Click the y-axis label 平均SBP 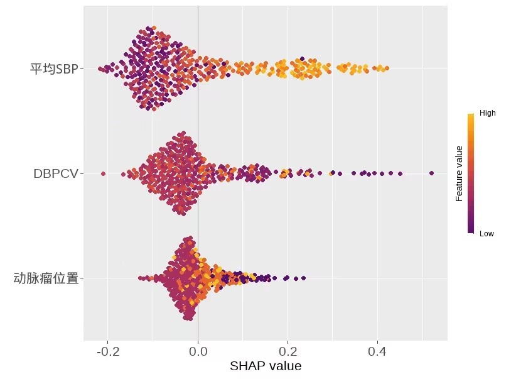(53, 69)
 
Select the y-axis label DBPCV (55, 174)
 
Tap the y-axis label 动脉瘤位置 (46, 278)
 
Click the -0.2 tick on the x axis (108, 351)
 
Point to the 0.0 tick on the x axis (198, 351)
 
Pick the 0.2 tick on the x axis (288, 351)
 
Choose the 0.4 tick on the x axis (377, 351)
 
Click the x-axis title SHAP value (266, 366)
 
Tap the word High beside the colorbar (488, 114)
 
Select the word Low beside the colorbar (487, 233)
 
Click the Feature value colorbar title (460, 173)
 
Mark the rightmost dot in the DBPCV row (431, 173)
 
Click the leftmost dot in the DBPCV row (103, 173)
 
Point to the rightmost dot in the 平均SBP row (387, 68)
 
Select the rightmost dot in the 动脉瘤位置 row (304, 277)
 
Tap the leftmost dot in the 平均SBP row (100, 68)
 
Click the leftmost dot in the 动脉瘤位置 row (140, 278)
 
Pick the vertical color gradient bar (471, 173)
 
